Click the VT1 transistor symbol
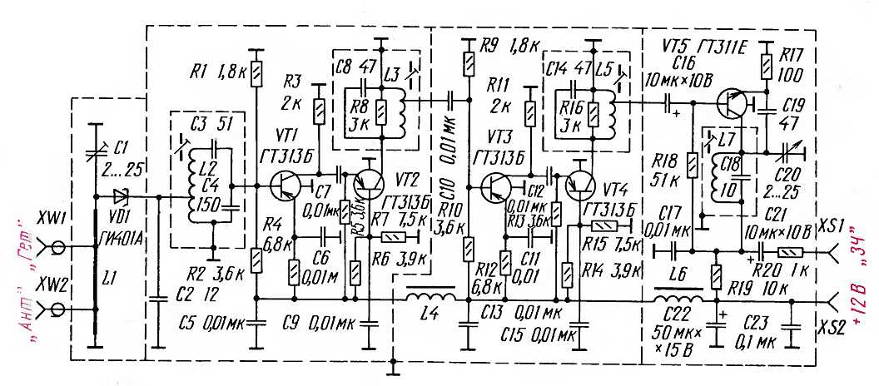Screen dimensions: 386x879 (x=286, y=185)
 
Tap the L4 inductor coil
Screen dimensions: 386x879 (x=430, y=294)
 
